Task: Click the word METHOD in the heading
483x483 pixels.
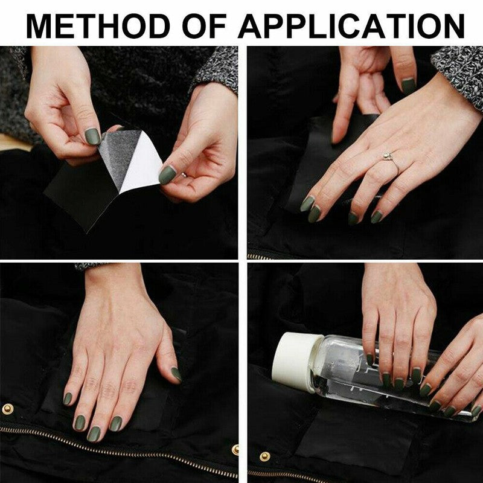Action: (x=98, y=26)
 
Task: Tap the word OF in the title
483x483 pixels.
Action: (x=205, y=26)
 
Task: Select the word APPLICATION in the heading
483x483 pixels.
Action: (x=351, y=26)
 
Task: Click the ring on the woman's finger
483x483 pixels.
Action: (x=389, y=159)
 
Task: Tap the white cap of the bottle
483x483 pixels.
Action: (x=293, y=361)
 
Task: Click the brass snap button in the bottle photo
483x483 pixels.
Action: (x=264, y=456)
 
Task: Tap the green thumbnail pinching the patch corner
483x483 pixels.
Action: (x=93, y=136)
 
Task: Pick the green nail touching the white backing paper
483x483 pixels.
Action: (x=167, y=174)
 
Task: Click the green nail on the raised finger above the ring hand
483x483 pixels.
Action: (x=409, y=86)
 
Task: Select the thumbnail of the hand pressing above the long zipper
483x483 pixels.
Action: (x=176, y=374)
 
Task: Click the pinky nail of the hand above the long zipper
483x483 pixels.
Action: (x=67, y=398)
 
